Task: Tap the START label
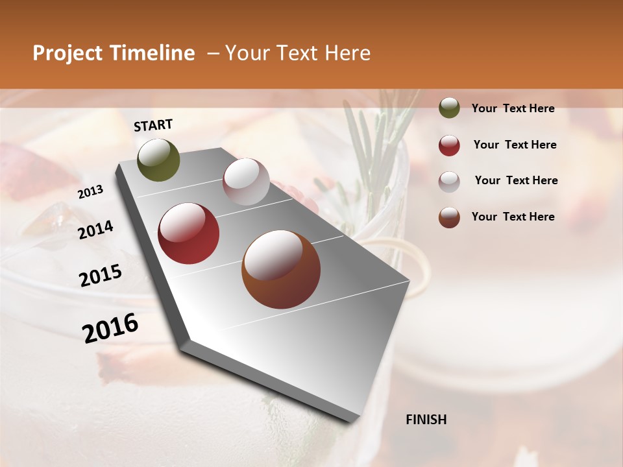tap(153, 125)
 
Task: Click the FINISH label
tap(426, 420)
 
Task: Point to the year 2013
tap(91, 192)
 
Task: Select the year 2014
tap(95, 230)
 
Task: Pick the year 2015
tap(101, 276)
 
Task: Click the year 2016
tap(110, 328)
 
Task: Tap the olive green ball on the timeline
tap(158, 160)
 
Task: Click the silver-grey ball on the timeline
tap(246, 182)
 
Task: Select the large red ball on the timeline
tap(189, 233)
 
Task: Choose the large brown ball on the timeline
tap(281, 269)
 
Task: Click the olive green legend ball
tap(449, 108)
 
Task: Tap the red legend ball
tap(449, 145)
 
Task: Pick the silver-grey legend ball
tap(449, 181)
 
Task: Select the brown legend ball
tap(449, 217)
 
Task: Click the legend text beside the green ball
tap(513, 108)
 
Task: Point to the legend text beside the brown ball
tap(513, 217)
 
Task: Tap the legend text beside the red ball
tap(515, 145)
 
